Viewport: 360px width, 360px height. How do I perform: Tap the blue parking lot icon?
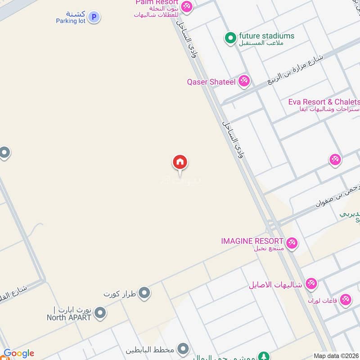click(94, 17)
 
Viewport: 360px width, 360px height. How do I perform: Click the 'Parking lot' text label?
click(71, 21)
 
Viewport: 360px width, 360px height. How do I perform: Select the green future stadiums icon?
click(230, 38)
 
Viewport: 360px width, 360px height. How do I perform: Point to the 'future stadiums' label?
click(266, 36)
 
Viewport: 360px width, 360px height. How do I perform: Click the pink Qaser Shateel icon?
click(244, 81)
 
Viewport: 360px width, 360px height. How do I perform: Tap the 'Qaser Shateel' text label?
click(211, 82)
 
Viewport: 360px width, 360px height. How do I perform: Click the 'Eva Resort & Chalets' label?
click(324, 102)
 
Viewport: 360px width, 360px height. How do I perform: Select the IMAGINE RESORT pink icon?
click(292, 243)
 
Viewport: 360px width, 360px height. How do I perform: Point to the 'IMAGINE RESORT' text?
click(252, 241)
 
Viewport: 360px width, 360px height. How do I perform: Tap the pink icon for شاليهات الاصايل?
click(310, 284)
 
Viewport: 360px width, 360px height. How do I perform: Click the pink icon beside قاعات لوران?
click(346, 299)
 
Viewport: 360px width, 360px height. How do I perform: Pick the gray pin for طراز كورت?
click(144, 293)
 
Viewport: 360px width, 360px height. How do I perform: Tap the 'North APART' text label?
click(69, 317)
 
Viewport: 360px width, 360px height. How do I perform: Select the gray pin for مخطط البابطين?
click(183, 349)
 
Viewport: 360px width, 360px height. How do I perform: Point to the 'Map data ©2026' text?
click(336, 355)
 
